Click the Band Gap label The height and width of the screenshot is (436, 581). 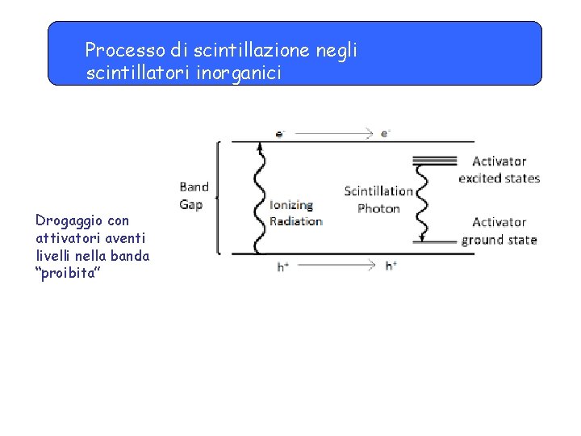(x=194, y=195)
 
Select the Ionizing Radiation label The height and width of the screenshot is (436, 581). (x=295, y=213)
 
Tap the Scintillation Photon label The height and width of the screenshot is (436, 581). (x=378, y=199)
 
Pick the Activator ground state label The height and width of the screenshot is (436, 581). (x=499, y=231)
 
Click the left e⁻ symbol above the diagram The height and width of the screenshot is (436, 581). (x=280, y=133)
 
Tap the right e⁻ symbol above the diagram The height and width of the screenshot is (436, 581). (x=386, y=133)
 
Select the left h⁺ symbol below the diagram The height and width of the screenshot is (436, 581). (x=283, y=266)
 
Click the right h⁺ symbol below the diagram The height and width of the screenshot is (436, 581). (x=391, y=266)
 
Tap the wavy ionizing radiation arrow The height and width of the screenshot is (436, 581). (x=260, y=198)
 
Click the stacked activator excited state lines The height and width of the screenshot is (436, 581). (x=434, y=160)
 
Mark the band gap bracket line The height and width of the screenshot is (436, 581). (x=218, y=198)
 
